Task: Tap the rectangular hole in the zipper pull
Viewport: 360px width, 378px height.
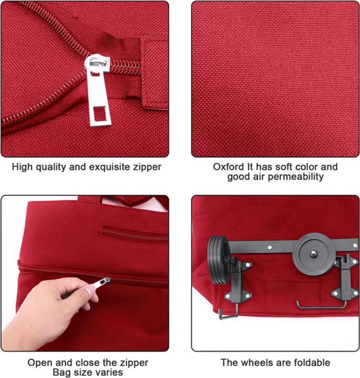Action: pyautogui.click(x=100, y=114)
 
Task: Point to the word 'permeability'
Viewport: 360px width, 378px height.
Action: pyautogui.click(x=296, y=177)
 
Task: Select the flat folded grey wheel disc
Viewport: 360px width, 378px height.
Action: pyautogui.click(x=313, y=254)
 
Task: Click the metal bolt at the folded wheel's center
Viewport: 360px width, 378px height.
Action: pyautogui.click(x=314, y=254)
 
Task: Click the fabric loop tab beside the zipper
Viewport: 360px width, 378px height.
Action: pyautogui.click(x=155, y=72)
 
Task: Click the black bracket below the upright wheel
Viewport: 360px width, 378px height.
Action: pyautogui.click(x=238, y=289)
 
